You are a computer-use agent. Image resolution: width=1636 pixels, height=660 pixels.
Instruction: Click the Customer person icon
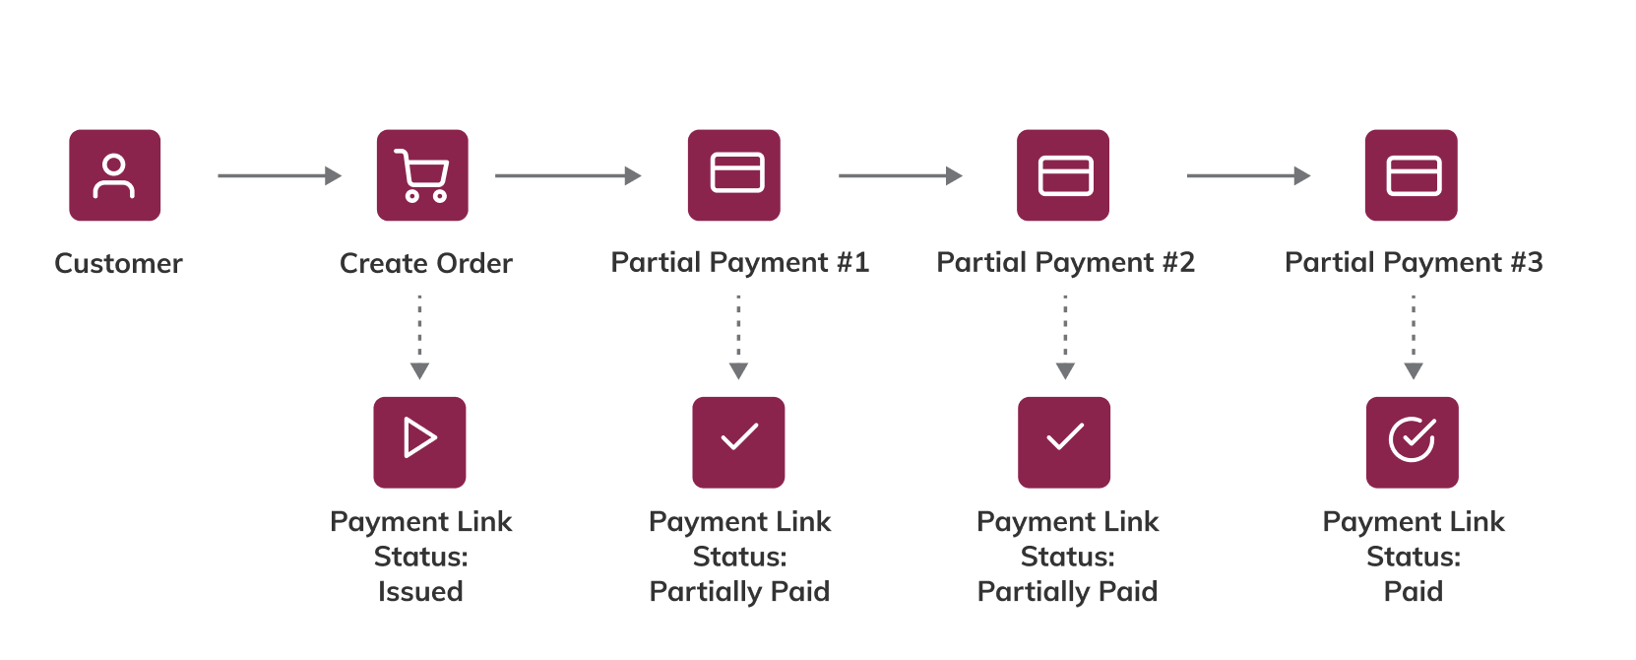point(114,175)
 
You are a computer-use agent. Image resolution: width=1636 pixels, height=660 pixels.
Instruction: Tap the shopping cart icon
point(422,175)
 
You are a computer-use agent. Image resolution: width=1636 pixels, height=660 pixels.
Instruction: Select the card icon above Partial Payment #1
point(734,175)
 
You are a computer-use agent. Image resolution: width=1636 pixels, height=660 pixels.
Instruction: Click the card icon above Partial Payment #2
point(1063,175)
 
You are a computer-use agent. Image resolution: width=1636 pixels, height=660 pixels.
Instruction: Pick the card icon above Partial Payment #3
point(1412,175)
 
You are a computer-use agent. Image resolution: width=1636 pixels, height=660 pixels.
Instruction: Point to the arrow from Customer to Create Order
point(279,176)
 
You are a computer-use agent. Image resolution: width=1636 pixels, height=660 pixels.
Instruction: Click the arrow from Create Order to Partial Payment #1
point(567,176)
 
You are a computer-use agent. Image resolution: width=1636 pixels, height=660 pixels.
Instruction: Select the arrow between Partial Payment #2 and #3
point(1248,176)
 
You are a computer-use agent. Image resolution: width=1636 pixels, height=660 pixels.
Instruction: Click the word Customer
point(118,264)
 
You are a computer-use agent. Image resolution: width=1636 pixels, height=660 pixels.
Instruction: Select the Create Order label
point(425,264)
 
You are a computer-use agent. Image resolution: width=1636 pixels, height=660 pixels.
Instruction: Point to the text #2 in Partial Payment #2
point(1178,263)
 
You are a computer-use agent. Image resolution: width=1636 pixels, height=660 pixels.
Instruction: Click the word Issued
point(420,592)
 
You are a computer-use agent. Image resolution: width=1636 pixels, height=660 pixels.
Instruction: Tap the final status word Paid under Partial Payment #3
point(1414,592)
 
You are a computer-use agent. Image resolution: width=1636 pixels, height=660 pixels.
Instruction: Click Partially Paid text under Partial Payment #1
point(739,592)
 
